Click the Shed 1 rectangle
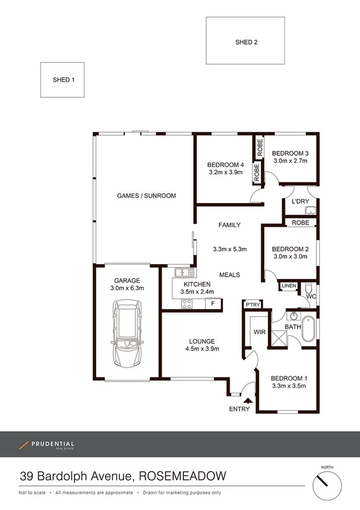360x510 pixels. point(63,79)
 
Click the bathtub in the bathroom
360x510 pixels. point(308,328)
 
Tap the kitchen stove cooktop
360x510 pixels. point(187,303)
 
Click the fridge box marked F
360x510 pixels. point(212,303)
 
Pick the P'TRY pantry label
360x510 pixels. point(252,306)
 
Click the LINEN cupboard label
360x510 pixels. point(288,286)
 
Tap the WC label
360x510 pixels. point(310,296)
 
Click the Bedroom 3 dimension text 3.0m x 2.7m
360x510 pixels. point(290,161)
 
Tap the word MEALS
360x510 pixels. point(230,275)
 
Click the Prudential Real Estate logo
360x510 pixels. point(46,445)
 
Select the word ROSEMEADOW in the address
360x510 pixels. point(183,476)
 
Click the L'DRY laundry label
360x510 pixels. point(301,202)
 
